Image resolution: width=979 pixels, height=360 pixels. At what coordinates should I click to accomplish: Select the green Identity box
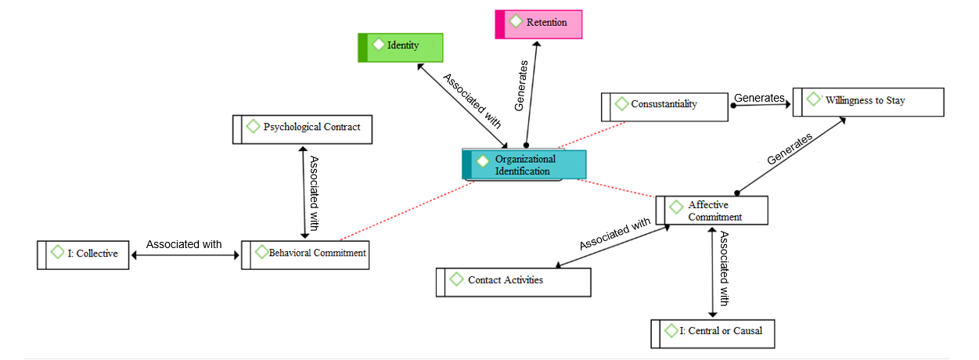(401, 46)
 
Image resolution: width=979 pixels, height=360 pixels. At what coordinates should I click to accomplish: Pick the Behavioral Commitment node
(305, 254)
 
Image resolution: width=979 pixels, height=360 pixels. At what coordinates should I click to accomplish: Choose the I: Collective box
(83, 254)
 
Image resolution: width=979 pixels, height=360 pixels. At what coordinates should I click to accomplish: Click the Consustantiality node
(664, 105)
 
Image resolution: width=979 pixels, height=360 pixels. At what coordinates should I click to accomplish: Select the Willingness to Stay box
(868, 102)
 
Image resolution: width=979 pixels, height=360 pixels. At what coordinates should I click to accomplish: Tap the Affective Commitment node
(711, 211)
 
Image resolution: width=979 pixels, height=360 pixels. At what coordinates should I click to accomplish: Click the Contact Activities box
(513, 281)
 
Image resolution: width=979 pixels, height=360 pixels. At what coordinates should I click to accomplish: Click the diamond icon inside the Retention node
(516, 22)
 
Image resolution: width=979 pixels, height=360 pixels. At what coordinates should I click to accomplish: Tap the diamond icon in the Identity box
(378, 45)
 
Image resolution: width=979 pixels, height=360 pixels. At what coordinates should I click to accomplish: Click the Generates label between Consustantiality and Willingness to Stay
(759, 98)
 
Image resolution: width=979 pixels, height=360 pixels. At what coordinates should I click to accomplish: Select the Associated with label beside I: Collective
(184, 244)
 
